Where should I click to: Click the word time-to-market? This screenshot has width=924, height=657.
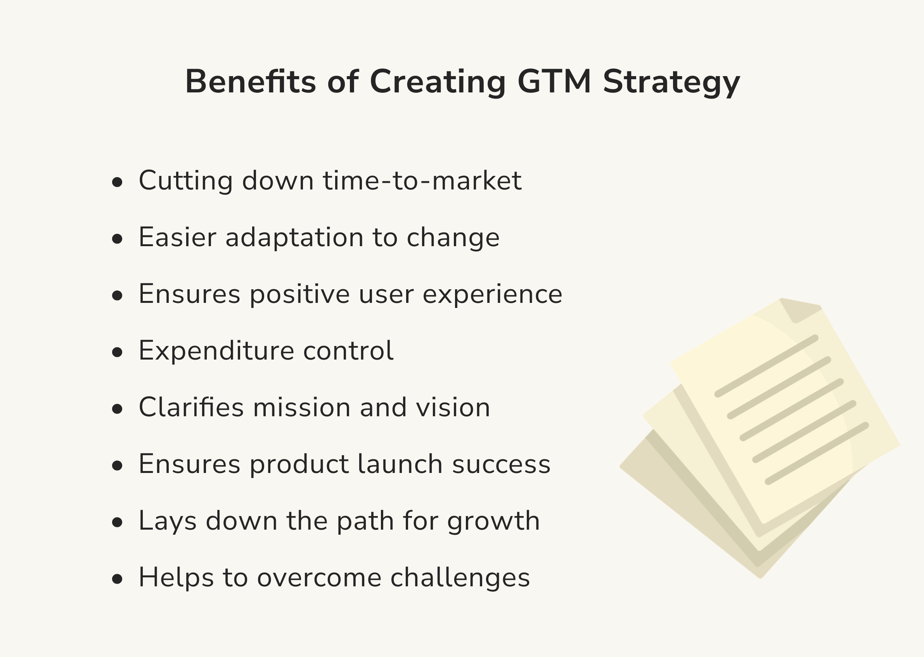(x=422, y=181)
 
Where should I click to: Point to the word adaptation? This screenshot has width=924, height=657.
(x=294, y=238)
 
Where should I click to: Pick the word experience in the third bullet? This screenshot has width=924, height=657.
(x=492, y=294)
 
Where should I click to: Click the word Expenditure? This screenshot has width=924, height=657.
(x=216, y=351)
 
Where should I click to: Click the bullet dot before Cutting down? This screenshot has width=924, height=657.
(x=117, y=182)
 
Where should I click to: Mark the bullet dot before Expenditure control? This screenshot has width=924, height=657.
(x=117, y=352)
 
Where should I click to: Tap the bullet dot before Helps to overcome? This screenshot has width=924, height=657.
(x=117, y=579)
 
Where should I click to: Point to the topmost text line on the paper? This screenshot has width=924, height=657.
(x=767, y=366)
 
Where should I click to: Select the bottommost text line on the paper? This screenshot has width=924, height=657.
(x=817, y=454)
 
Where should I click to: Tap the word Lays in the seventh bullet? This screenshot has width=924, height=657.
(x=167, y=521)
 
